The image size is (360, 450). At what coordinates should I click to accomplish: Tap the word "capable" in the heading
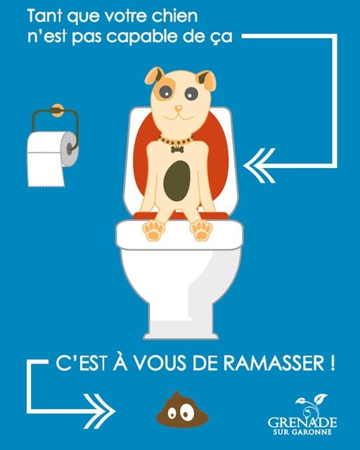coord(142,37)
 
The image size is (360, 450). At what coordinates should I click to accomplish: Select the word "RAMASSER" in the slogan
coord(274,363)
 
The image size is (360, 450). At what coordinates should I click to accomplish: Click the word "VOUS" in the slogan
coord(161,363)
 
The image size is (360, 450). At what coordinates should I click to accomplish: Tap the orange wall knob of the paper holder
coord(57,110)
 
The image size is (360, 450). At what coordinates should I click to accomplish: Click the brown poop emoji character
coord(182,409)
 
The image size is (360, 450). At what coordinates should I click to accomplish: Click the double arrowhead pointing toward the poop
coord(100,411)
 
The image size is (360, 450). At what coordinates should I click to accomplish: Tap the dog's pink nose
coord(179,108)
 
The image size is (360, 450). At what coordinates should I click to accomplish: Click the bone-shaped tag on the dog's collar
coord(177,149)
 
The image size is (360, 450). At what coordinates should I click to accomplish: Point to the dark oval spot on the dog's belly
coord(177,181)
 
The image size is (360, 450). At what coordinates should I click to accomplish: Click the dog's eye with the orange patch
coord(165,92)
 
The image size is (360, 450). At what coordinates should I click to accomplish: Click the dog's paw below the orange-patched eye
coord(153,231)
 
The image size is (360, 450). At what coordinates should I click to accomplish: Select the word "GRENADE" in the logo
coord(302,422)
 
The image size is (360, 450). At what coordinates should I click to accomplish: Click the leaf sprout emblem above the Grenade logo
coord(311,405)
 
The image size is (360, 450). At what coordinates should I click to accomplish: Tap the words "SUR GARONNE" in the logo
coord(302,432)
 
